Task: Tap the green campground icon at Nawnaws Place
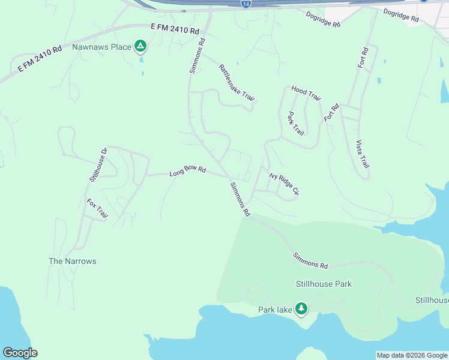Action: click(x=140, y=46)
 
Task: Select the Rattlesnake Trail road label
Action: click(x=238, y=83)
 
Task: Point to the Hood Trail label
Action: click(x=306, y=92)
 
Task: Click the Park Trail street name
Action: click(x=295, y=123)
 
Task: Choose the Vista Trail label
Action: click(x=363, y=154)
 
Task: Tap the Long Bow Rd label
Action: click(x=187, y=172)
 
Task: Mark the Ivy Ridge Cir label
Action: click(x=284, y=184)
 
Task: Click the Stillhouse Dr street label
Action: click(x=98, y=164)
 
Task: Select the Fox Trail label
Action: click(x=97, y=208)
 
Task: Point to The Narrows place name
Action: click(x=72, y=261)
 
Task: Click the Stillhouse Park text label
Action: click(x=324, y=284)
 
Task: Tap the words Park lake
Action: click(x=275, y=310)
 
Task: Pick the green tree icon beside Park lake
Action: click(x=301, y=309)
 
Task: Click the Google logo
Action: click(x=20, y=353)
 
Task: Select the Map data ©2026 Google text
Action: click(x=412, y=355)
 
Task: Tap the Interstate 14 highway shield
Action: click(x=246, y=4)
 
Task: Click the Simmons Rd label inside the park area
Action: click(x=310, y=260)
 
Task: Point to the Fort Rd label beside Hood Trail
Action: click(x=331, y=112)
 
